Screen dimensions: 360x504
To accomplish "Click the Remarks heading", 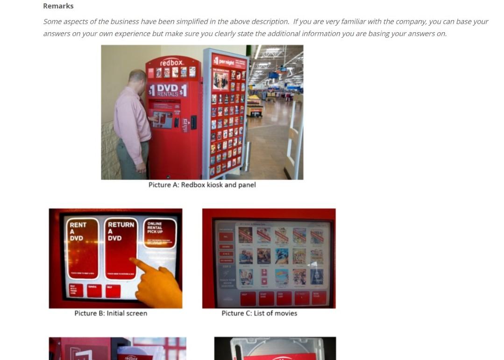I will pos(58,6).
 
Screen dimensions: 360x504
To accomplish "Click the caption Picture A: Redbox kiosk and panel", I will pos(202,185).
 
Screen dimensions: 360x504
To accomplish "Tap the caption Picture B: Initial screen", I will pos(111,313).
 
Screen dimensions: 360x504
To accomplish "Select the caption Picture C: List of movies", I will pos(259,313).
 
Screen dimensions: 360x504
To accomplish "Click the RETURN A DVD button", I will pos(121,248).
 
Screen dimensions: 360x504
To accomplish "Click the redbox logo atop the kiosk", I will pos(172,63).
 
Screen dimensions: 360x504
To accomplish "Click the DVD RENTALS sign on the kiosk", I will pos(167,90).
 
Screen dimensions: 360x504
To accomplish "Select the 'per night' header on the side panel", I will pos(226,61).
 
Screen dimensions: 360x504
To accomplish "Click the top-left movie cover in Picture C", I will pos(245,235).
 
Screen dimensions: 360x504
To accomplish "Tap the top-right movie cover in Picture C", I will pos(316,235).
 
